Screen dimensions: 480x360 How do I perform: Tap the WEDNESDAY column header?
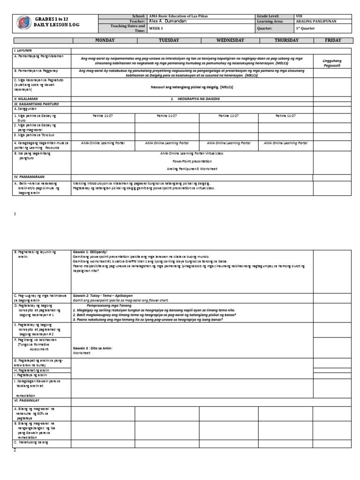pos(226,40)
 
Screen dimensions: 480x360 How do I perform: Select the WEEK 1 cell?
pos(155,28)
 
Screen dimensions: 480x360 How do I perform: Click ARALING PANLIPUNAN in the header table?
pos(316,22)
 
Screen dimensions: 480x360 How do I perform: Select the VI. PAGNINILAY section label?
pos(28,402)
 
